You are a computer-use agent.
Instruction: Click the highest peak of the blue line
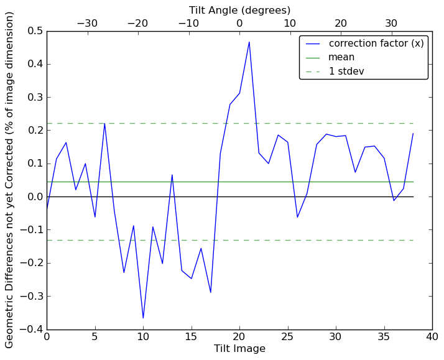click(x=249, y=42)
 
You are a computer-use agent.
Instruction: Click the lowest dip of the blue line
click(x=143, y=318)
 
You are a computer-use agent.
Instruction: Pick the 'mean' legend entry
click(x=341, y=57)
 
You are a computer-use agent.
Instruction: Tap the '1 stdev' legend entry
click(x=346, y=72)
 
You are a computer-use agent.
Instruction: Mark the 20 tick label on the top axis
click(x=341, y=23)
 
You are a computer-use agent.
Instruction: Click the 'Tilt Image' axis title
click(x=239, y=349)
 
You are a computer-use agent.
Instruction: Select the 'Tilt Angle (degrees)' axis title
click(x=239, y=10)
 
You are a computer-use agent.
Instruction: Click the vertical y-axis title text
click(x=10, y=180)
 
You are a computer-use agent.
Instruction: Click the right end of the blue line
click(x=413, y=133)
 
